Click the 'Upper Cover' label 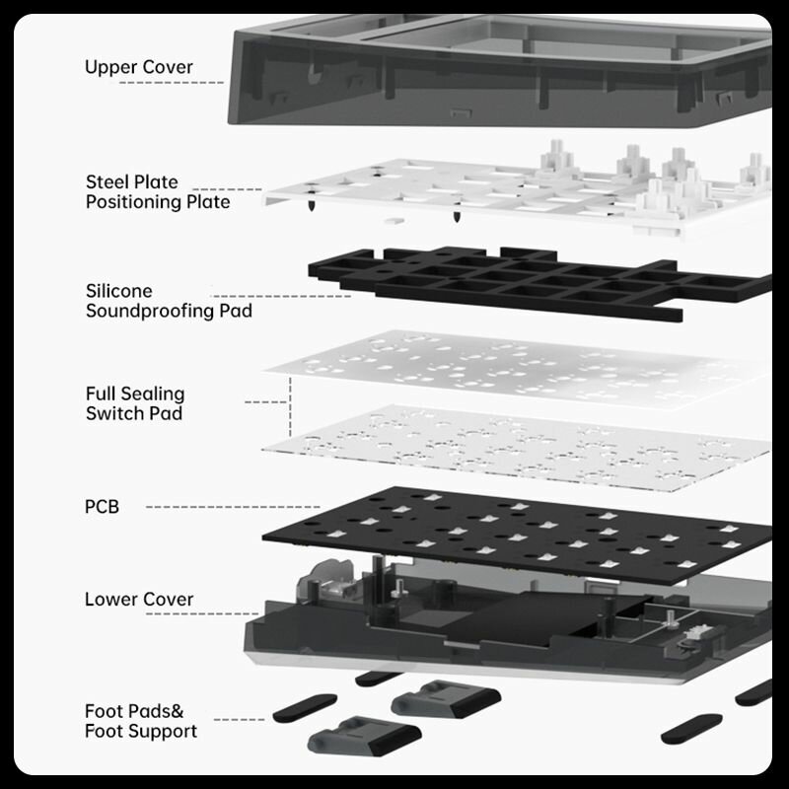click(x=138, y=67)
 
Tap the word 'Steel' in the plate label click(x=108, y=181)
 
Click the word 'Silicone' click(x=118, y=291)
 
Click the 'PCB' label click(x=102, y=507)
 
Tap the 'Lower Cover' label click(x=139, y=600)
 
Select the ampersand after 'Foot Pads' click(x=177, y=711)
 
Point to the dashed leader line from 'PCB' click(x=233, y=507)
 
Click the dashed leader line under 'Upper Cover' click(x=172, y=83)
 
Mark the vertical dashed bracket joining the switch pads click(x=290, y=406)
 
